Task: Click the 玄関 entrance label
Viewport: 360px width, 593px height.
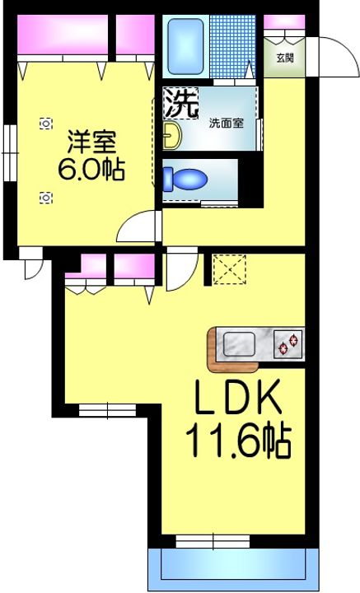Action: pos(285,58)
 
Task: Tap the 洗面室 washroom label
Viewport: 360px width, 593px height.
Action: pos(227,123)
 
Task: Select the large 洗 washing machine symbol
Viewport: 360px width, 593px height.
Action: pos(180,103)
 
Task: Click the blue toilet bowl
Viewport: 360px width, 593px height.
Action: pos(185,180)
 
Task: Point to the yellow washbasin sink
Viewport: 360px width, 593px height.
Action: pos(172,135)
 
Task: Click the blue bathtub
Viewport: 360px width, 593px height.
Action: pos(185,46)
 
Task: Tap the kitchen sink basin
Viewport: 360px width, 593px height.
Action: pos(239,343)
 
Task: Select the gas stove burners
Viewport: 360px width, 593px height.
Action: pos(289,344)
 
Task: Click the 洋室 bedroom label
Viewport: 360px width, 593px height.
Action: pos(91,142)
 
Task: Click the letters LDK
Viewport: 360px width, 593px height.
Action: pos(238,397)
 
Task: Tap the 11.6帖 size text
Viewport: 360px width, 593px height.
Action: pos(238,440)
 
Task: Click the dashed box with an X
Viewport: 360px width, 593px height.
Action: pos(230,269)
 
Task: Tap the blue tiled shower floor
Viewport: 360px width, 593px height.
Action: pos(232,46)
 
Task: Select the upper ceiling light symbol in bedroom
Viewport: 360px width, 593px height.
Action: pos(46,124)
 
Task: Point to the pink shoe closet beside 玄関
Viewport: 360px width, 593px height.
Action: pos(284,21)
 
